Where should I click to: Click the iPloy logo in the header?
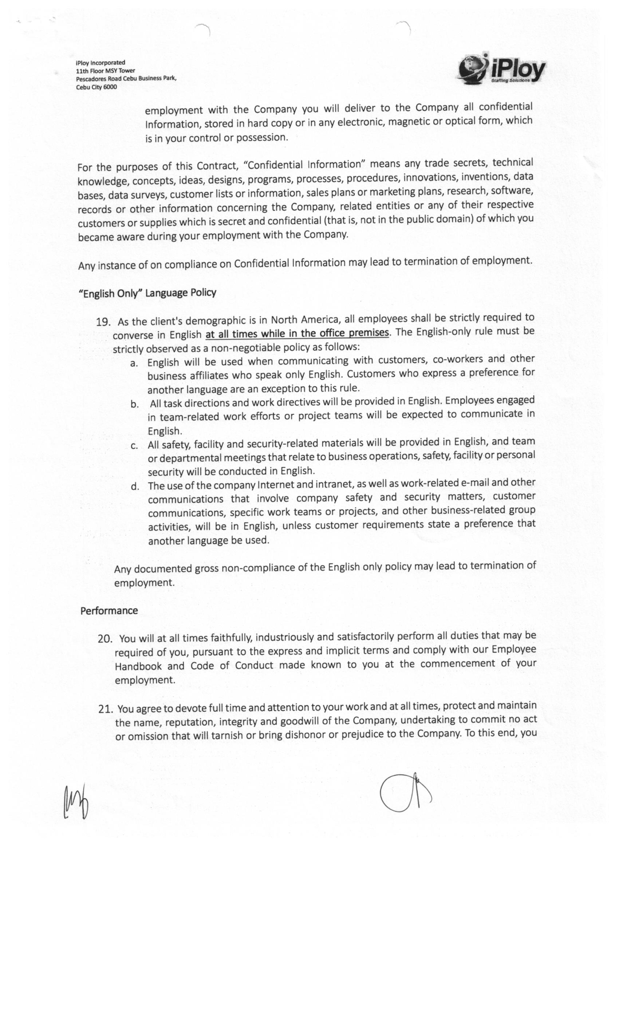pos(502,70)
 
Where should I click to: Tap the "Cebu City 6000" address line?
pos(96,87)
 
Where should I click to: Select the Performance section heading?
pos(109,611)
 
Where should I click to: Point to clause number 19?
pos(103,322)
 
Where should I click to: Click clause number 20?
pos(105,639)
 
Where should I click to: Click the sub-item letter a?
pos(133,364)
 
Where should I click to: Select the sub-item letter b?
pos(134,404)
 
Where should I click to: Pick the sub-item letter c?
pos(134,446)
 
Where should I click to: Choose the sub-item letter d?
pos(134,486)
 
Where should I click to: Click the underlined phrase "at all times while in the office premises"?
pos(297,333)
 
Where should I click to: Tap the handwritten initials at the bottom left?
pos(76,801)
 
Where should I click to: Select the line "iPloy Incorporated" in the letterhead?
pos(100,63)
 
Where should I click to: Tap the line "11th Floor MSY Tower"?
pos(105,71)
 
